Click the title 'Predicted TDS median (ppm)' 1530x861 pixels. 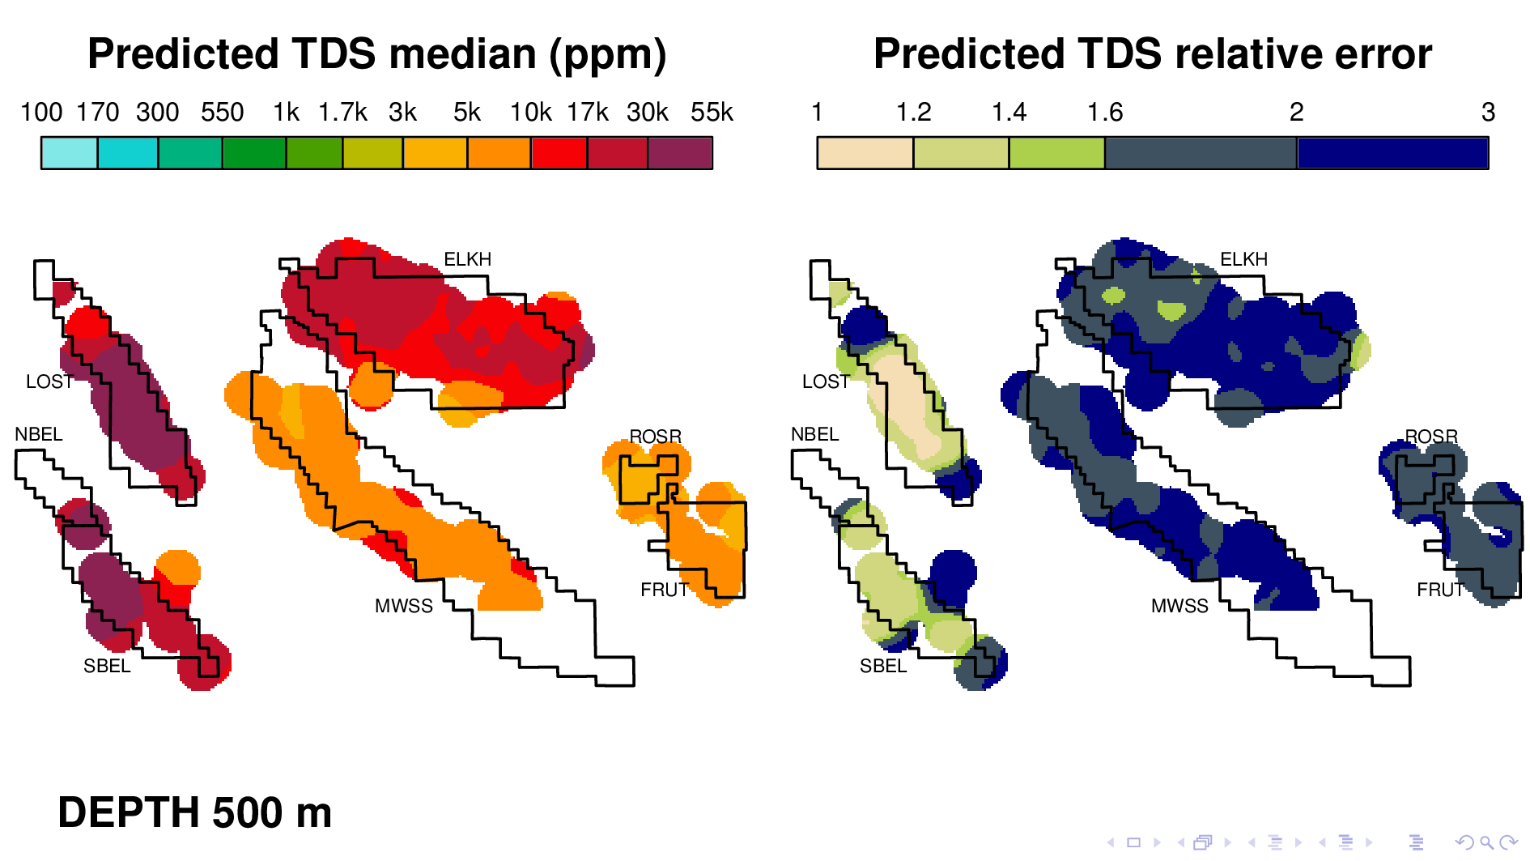click(x=376, y=54)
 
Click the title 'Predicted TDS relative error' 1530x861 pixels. click(x=1152, y=54)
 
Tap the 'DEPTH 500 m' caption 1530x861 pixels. click(x=194, y=812)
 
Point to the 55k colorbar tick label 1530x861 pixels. click(x=712, y=112)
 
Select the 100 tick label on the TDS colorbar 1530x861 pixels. click(x=41, y=112)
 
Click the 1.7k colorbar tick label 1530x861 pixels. click(x=342, y=112)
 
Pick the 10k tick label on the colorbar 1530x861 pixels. click(x=530, y=112)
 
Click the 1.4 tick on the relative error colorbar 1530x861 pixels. click(x=1009, y=112)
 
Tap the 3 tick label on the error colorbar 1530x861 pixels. click(x=1488, y=112)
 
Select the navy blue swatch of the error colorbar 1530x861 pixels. click(x=1392, y=153)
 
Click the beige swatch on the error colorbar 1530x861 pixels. click(x=865, y=153)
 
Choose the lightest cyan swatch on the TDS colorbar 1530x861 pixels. click(x=70, y=153)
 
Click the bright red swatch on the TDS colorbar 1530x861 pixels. click(x=559, y=153)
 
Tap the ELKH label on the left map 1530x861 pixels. click(x=467, y=259)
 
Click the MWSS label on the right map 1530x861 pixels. click(x=1179, y=606)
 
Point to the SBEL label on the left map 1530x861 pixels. click(x=107, y=666)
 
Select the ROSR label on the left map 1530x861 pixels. click(x=656, y=437)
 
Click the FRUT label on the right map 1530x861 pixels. click(x=1440, y=590)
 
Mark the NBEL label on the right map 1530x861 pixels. click(x=814, y=434)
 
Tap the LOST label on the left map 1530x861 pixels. click(x=49, y=381)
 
